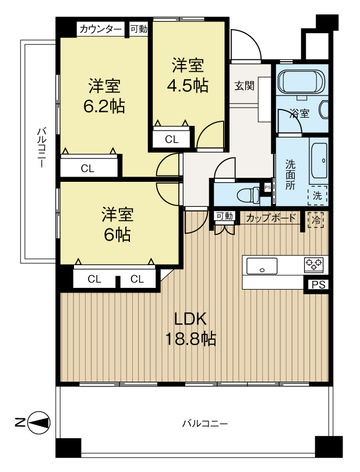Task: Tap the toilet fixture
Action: point(249,195)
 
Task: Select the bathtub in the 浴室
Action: point(301,82)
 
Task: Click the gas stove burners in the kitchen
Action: point(314,265)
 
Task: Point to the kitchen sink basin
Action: point(262,266)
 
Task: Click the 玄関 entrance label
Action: point(245,86)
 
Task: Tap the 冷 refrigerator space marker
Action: point(316,220)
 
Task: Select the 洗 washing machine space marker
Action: point(317,196)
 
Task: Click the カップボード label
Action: point(271,218)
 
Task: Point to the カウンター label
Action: point(101,29)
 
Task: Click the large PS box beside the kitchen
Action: point(318,285)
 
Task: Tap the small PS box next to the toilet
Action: point(267,187)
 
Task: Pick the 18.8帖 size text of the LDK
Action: point(191,339)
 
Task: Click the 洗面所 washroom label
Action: point(291,175)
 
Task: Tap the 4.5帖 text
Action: point(188,86)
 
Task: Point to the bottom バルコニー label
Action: point(205,424)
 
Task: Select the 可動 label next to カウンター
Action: point(139,29)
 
